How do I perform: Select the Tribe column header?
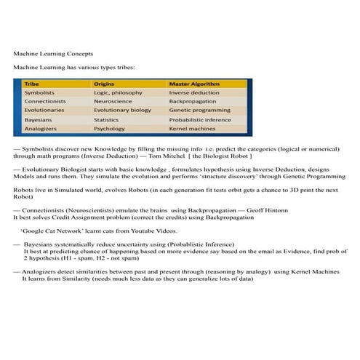coord(32,84)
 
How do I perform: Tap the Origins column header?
coord(105,84)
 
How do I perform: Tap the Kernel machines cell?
coord(193,129)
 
